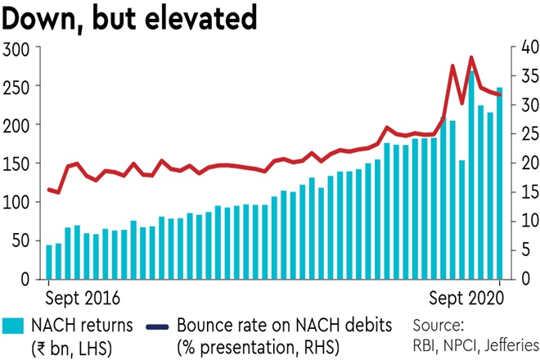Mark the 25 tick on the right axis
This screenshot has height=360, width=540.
tap(520, 134)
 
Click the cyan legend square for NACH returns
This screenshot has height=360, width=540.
tap(12, 326)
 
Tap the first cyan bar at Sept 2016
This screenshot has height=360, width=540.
tap(49, 262)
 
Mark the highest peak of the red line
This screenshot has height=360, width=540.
tap(471, 57)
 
